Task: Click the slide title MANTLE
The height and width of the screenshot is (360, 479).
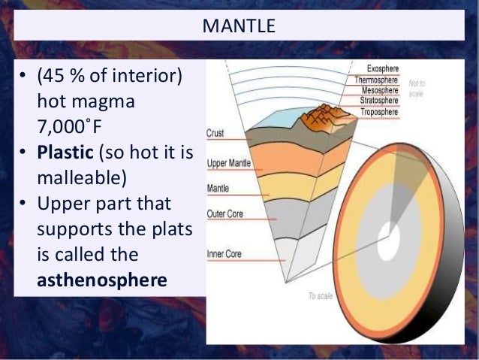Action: click(x=239, y=28)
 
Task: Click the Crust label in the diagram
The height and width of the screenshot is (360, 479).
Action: click(x=215, y=133)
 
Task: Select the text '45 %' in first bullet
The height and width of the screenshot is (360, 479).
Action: click(x=65, y=77)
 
